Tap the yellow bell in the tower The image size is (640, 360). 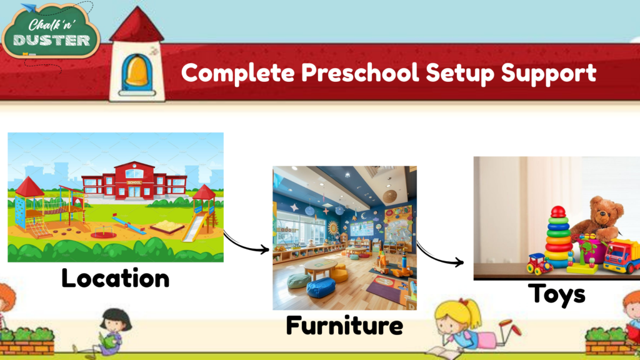tap(137, 69)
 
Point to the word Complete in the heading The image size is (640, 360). tap(237, 73)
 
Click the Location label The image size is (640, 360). tap(115, 278)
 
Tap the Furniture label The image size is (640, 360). tap(344, 325)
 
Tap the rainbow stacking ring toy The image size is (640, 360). tap(558, 237)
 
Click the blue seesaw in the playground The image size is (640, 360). tap(128, 224)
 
